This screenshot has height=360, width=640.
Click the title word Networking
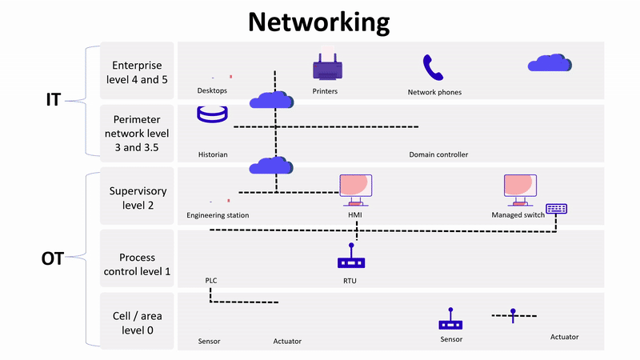[318, 22]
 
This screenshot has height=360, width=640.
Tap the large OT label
[53, 258]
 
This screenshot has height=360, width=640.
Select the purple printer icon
[326, 67]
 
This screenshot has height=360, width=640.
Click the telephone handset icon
[433, 68]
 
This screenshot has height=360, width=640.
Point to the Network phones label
[434, 92]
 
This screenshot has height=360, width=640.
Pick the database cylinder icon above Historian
[212, 114]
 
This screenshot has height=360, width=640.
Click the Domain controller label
[438, 154]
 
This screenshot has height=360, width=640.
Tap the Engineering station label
[218, 215]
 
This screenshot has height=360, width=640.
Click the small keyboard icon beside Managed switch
[556, 209]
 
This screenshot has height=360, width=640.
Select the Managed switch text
[518, 215]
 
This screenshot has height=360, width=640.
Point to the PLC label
[211, 281]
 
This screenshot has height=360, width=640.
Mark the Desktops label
[213, 90]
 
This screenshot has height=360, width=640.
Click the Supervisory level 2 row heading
[138, 198]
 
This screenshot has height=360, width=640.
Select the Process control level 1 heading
[138, 265]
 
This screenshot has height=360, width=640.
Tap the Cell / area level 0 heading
[138, 322]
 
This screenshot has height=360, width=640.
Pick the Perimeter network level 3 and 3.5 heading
[138, 134]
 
